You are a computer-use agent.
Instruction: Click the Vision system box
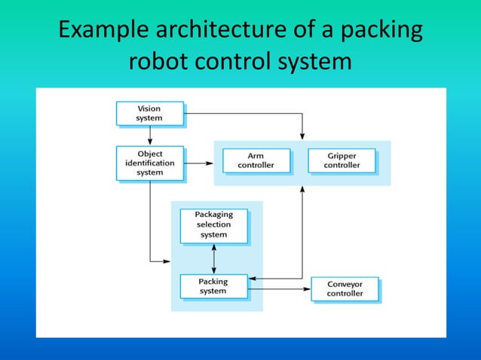tap(149, 113)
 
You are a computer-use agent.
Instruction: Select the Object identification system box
tap(149, 163)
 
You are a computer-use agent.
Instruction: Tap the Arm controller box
tap(256, 160)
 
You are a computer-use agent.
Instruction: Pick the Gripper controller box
tap(342, 160)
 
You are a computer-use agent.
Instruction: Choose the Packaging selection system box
tap(213, 224)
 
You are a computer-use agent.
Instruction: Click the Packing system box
tap(213, 286)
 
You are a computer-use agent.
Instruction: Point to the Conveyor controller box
tap(345, 288)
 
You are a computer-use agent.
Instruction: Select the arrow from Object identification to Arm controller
tap(200, 162)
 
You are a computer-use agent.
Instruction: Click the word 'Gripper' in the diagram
tap(342, 155)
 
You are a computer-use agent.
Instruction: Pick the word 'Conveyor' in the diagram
tap(345, 284)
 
